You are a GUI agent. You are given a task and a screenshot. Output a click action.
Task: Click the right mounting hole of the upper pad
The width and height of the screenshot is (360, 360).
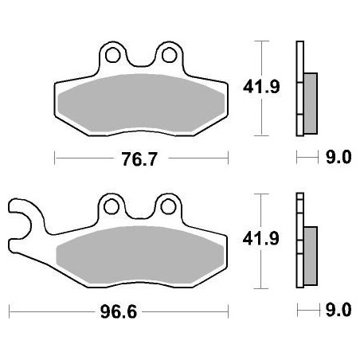pyautogui.click(x=169, y=57)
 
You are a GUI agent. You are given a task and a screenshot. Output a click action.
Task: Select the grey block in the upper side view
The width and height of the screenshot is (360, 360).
pyautogui.click(x=310, y=94)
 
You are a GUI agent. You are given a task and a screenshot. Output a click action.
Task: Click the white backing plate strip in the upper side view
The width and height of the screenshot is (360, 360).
pyautogui.click(x=299, y=88)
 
